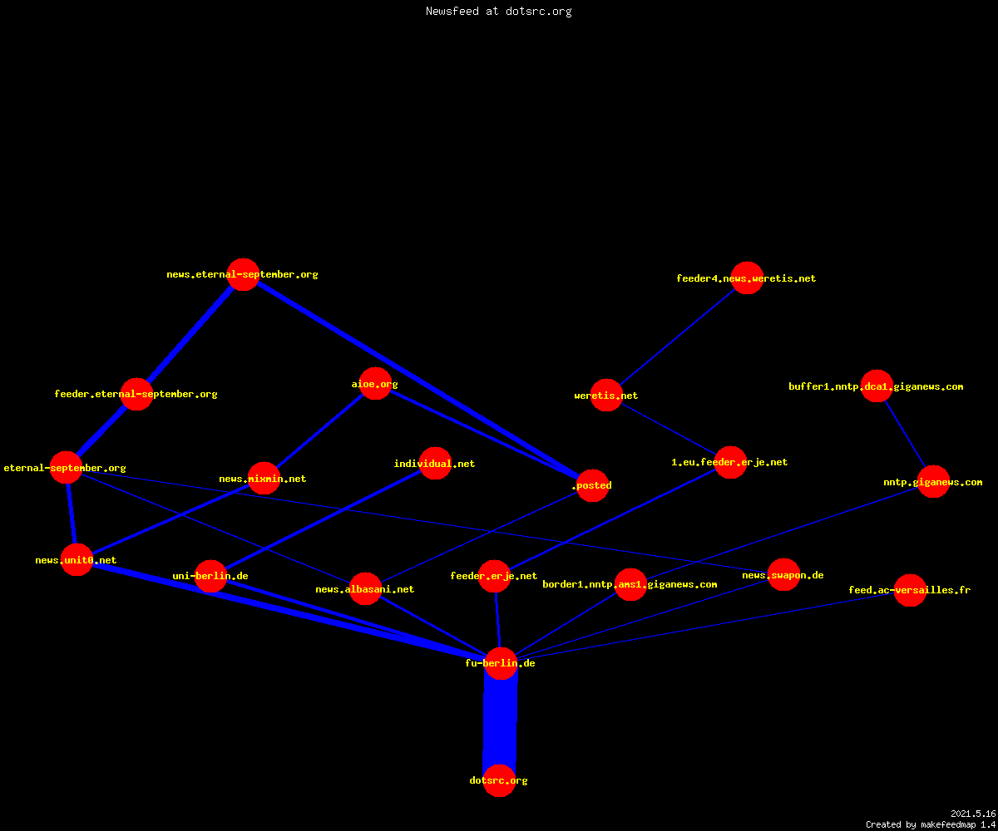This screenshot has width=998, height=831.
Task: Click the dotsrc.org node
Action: point(499,780)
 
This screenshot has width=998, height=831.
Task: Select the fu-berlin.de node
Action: point(501,663)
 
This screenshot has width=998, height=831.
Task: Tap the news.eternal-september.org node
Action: point(244,274)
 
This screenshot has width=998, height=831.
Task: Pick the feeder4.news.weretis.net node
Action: point(747,278)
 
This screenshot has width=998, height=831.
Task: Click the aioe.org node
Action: point(375,383)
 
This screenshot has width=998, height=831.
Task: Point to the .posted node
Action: point(593,485)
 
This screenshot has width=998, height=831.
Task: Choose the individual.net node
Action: point(436,463)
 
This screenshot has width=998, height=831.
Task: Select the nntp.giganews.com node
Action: point(933,481)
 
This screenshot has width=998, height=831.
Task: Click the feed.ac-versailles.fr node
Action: point(910,590)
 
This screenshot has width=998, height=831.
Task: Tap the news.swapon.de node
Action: point(783,574)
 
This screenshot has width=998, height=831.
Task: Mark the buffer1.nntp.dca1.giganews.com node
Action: point(877,386)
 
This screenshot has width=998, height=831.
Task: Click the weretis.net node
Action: point(606,395)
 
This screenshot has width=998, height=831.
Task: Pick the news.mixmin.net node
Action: point(264,478)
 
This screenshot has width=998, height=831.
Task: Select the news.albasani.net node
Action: point(365,589)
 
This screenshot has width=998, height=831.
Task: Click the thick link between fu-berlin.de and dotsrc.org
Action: point(500,721)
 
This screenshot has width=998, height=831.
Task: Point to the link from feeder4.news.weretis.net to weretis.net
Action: point(677,337)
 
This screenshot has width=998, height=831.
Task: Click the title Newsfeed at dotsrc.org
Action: point(498,12)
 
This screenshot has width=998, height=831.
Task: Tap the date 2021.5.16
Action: point(973,814)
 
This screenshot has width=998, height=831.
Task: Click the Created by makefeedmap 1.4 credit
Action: point(931,824)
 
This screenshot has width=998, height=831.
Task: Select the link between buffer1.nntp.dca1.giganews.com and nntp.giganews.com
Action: point(905,434)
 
